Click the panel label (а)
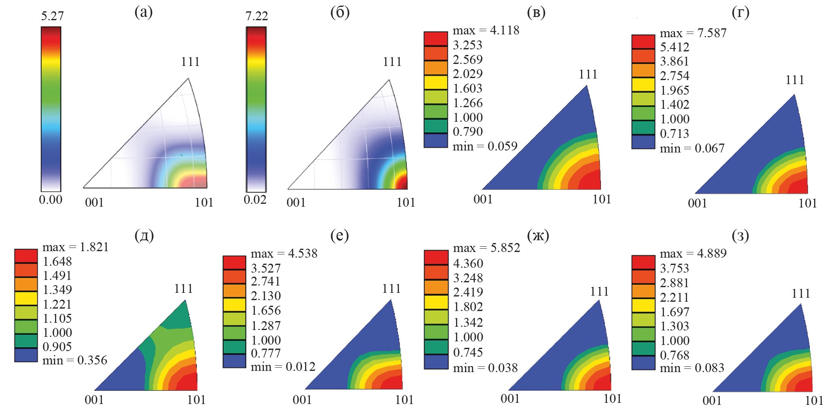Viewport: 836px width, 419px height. point(144,13)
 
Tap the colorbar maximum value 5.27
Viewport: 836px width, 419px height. point(52,16)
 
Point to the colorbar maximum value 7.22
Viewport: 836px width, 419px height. point(257,16)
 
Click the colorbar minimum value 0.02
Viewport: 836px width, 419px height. point(255,200)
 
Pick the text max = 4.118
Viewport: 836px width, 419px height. point(486,30)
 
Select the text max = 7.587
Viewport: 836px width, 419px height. point(693,33)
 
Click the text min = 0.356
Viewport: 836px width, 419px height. point(75,360)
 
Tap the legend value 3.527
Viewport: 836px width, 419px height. point(266,268)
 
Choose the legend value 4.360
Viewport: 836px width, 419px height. point(468,263)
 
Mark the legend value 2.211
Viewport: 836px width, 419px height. point(675,297)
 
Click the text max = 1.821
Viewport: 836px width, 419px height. point(76,247)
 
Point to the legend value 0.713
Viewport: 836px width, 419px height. point(675,133)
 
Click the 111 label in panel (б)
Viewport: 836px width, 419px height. point(392,62)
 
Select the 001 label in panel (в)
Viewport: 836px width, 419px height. point(483,199)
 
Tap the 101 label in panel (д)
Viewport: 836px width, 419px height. point(196,400)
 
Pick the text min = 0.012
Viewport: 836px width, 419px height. point(283,367)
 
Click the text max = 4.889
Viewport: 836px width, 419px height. point(693,254)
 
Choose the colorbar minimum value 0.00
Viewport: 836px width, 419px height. point(51,199)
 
